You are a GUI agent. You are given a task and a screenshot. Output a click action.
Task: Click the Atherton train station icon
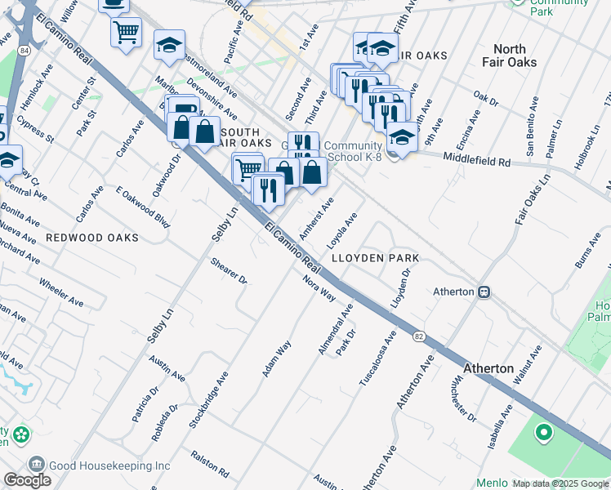pyautogui.click(x=484, y=292)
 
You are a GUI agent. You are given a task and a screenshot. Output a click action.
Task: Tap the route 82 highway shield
pyautogui.click(x=419, y=336)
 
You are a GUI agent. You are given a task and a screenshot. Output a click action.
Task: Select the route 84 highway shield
pyautogui.click(x=25, y=51)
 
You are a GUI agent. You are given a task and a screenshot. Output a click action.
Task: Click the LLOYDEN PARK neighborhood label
pyautogui.click(x=375, y=258)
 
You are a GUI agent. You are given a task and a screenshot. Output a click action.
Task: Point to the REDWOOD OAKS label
pyautogui.click(x=91, y=238)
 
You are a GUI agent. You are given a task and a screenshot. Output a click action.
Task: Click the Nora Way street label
pyautogui.click(x=319, y=287)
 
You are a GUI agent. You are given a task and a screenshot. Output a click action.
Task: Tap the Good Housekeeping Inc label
pyautogui.click(x=109, y=465)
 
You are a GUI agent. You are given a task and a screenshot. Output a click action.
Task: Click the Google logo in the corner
pyautogui.click(x=27, y=480)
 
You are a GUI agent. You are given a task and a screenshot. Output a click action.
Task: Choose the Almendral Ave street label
pyautogui.click(x=336, y=329)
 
